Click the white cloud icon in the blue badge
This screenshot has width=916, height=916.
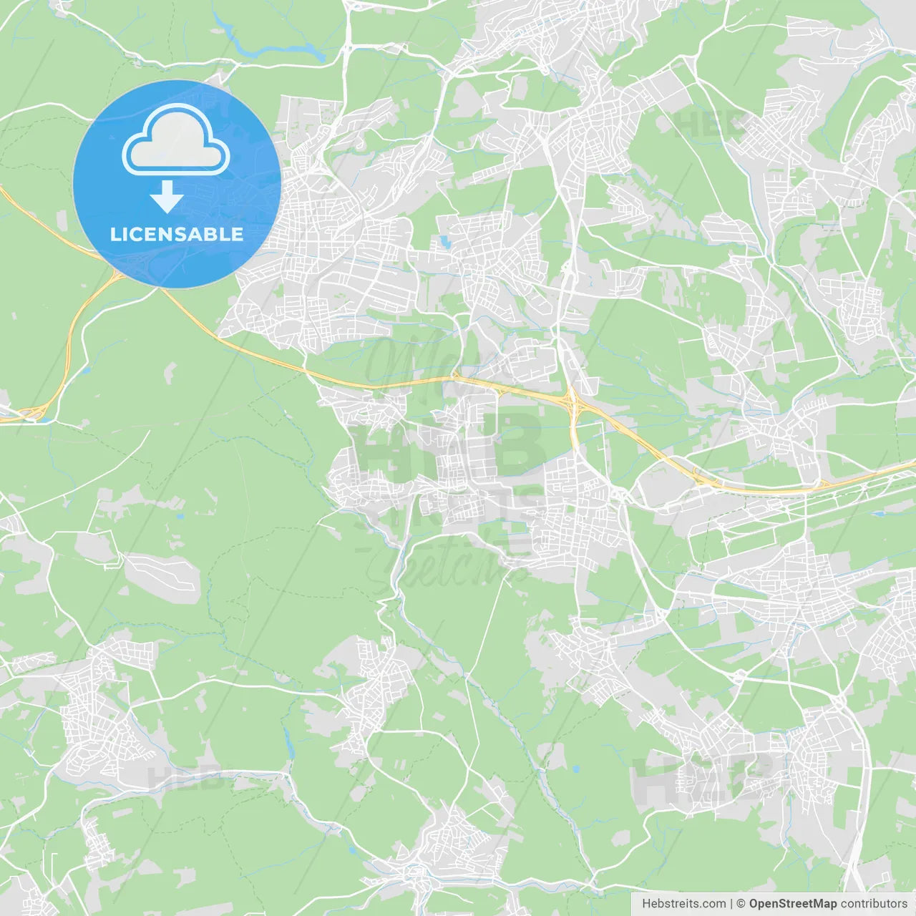(x=176, y=140)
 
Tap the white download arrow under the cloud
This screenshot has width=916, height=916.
(x=167, y=196)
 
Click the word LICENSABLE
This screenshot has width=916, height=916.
(x=176, y=234)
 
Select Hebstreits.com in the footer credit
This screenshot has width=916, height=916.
(x=683, y=904)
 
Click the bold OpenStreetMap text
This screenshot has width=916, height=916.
(x=792, y=904)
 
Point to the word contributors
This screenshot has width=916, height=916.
(x=874, y=904)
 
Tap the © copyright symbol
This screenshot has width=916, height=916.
(x=741, y=904)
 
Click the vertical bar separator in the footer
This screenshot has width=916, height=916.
(x=731, y=904)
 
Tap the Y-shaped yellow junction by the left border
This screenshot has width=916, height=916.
(x=32, y=412)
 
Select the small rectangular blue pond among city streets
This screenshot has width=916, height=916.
(x=445, y=243)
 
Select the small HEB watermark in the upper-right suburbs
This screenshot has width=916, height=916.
(x=708, y=125)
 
